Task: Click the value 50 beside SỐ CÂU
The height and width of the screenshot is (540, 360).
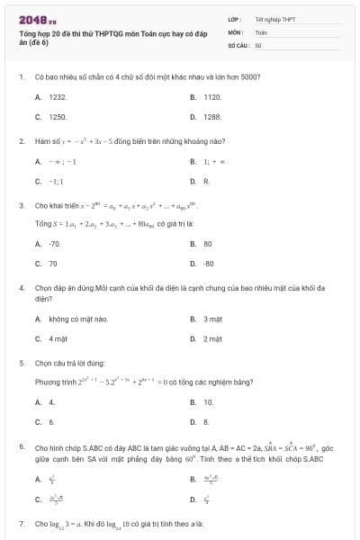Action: click(258, 43)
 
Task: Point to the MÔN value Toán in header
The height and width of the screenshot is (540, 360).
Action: click(261, 31)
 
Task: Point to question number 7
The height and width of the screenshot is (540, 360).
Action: click(21, 523)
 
